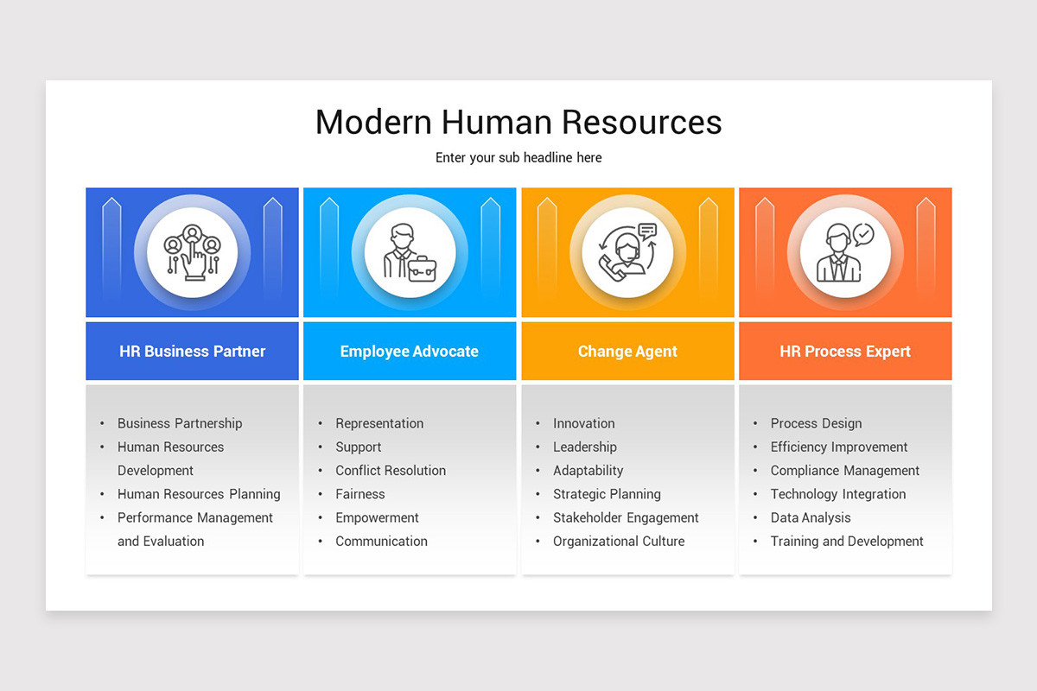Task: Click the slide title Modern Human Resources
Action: pos(518,122)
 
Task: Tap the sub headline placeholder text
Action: pos(518,158)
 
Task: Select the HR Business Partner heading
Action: pos(192,352)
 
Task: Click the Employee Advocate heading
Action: pos(409,352)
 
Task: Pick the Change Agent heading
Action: pos(627,352)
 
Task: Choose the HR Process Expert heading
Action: pos(845,352)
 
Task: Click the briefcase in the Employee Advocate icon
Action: pos(422,269)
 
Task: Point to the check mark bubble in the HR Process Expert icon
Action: pos(862,234)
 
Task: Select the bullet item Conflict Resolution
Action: pos(391,471)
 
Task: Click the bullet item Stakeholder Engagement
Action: pos(626,518)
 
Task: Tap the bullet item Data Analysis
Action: pos(811,518)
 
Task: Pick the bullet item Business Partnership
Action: pos(180,423)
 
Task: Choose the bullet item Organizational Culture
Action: pos(619,542)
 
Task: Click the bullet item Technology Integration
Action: pos(838,494)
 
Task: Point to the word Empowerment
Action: pos(377,518)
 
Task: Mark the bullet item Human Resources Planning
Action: pos(199,494)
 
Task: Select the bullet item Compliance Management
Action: pos(845,471)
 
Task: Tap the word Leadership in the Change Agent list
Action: pos(585,447)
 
